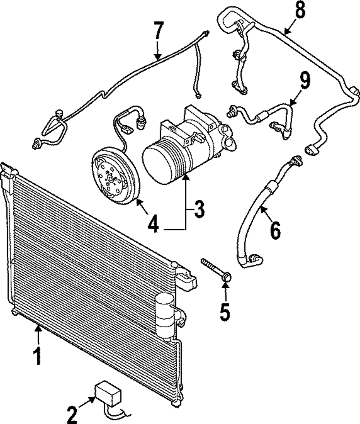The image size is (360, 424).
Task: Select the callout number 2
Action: [72, 414]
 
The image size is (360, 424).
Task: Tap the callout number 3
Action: [198, 209]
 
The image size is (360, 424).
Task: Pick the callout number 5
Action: [225, 312]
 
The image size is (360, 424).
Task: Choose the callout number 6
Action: [275, 231]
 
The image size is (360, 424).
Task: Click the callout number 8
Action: [300, 11]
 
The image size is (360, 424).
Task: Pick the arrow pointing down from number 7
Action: [157, 50]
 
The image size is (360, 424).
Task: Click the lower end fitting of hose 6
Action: [254, 260]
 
